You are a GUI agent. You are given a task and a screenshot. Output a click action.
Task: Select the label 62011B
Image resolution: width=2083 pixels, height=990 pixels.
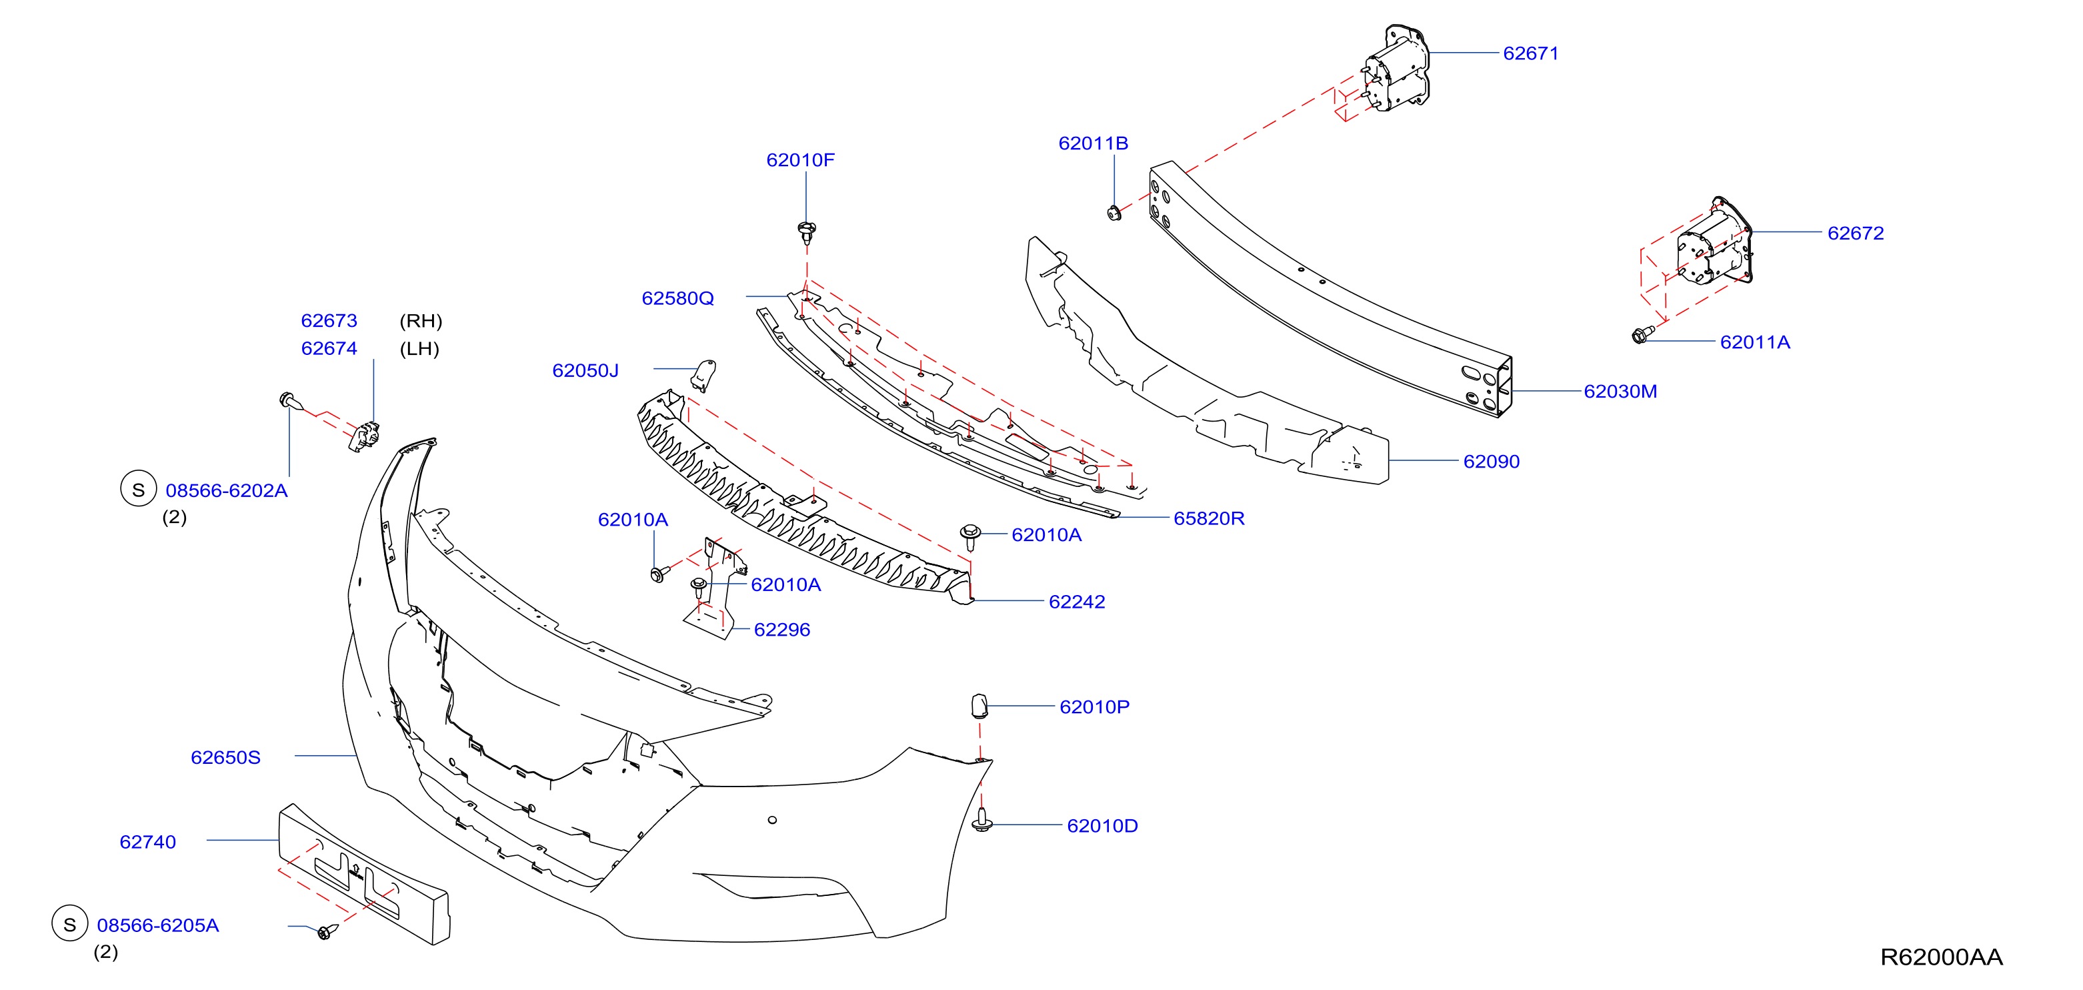1094,143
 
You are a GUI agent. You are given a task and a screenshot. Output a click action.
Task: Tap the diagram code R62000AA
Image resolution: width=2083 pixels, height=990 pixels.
1941,957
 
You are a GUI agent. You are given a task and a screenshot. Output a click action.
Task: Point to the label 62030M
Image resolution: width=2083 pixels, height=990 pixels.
1620,392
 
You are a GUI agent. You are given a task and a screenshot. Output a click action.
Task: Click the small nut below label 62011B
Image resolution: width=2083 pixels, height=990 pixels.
1114,213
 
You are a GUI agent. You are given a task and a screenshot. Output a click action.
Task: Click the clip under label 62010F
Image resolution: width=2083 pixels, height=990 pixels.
806,232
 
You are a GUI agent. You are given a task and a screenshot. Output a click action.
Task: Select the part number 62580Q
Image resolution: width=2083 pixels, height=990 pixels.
677,298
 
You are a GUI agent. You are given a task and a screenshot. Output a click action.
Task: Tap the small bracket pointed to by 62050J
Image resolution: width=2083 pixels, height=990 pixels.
703,374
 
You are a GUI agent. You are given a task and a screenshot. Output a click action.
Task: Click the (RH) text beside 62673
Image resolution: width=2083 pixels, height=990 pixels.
421,321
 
